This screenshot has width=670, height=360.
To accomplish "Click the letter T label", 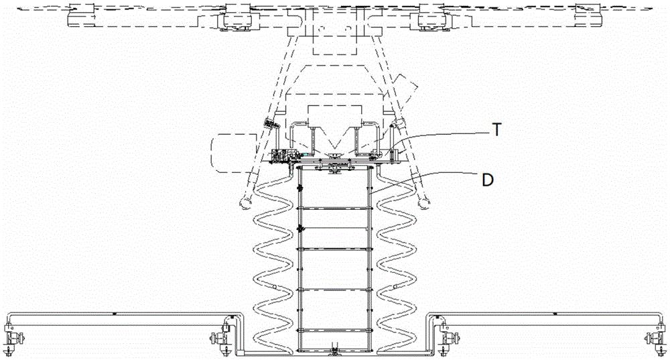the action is [496, 129].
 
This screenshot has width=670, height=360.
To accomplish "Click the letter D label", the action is [488, 180].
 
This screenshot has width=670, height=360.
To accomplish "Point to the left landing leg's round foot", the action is [246, 203].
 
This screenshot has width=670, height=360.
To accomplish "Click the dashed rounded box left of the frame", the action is [233, 153].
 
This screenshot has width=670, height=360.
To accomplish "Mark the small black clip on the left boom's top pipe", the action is [115, 314].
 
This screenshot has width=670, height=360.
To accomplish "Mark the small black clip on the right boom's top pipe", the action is [555, 314].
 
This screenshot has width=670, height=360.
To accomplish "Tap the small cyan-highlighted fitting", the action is [306, 154].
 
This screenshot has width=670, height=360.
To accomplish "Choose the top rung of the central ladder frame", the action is [334, 208].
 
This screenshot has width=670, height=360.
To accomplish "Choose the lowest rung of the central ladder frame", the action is [334, 330].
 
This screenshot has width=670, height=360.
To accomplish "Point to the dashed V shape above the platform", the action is [334, 141].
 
